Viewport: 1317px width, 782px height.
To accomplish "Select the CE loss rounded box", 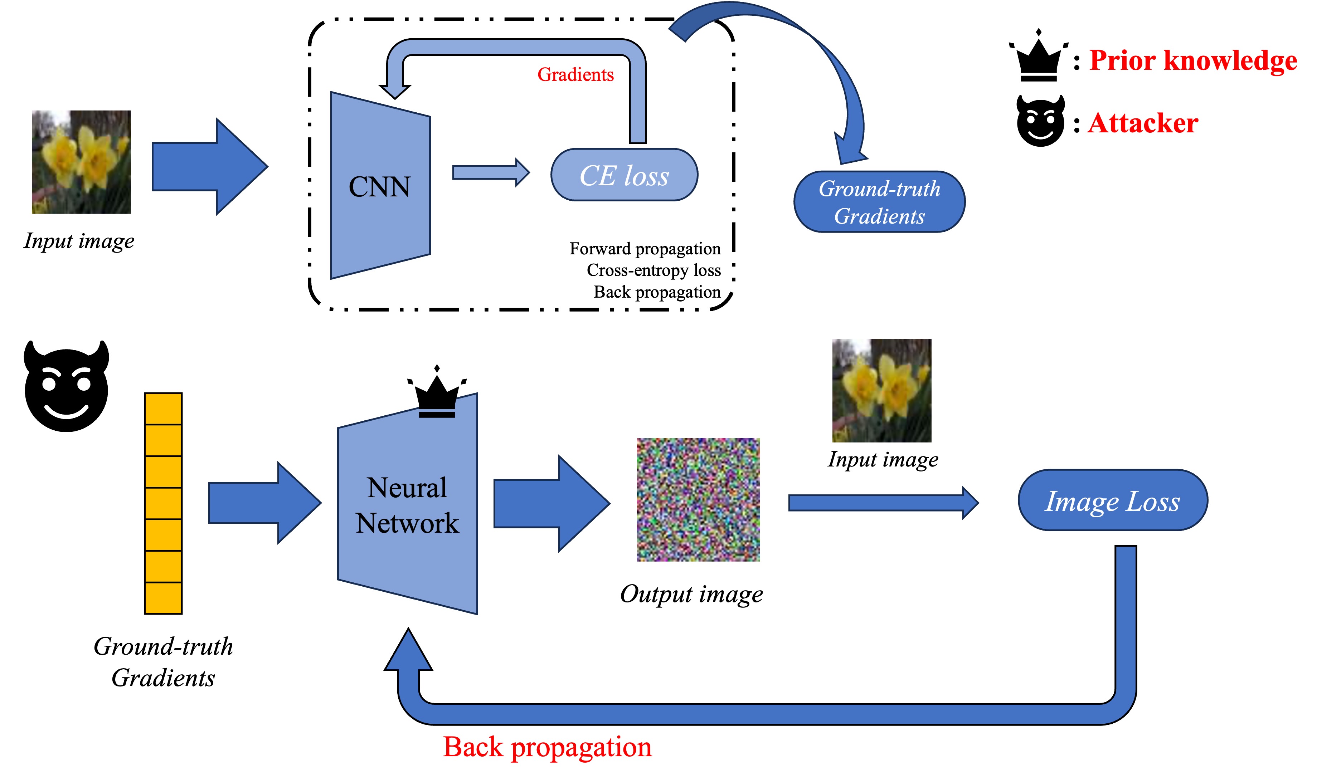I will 624,175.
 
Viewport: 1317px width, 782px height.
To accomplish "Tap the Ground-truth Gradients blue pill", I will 879,202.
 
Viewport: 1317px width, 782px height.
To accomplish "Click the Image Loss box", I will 1112,500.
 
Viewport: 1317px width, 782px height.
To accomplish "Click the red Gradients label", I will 575,75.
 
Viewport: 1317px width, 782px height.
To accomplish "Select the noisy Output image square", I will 698,499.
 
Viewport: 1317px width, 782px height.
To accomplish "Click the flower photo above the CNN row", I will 81,162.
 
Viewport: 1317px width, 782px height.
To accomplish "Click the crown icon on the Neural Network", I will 437,392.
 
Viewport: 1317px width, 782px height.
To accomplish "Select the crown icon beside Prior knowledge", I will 1038,57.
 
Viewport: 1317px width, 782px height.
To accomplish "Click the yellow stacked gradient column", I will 164,503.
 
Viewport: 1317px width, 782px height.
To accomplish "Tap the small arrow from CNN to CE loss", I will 491,172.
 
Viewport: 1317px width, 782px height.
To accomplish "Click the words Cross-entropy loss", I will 653,270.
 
